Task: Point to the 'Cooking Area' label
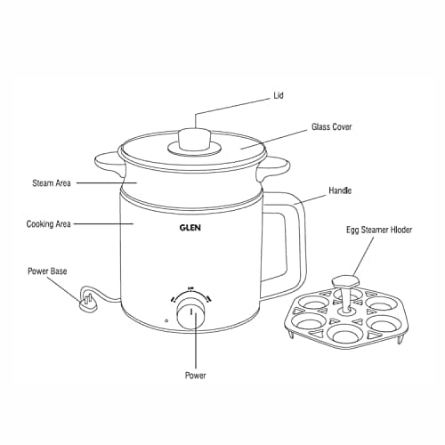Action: point(49,223)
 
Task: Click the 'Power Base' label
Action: point(47,271)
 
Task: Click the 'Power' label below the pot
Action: point(195,376)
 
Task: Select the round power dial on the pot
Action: point(190,312)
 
